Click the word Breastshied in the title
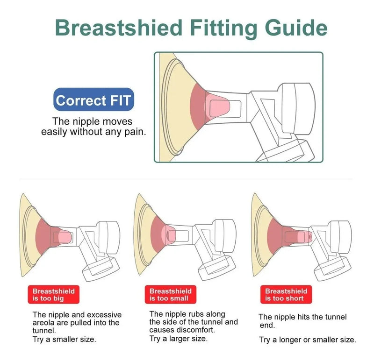(x=119, y=28)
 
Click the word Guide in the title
(x=296, y=28)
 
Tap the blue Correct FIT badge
(x=93, y=99)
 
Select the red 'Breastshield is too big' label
(x=53, y=295)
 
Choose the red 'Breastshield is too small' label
(x=170, y=295)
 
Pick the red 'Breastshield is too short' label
(x=286, y=295)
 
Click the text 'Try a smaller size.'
(x=64, y=339)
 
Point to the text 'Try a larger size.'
(x=179, y=338)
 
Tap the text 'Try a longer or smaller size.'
(x=308, y=340)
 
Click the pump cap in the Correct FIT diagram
(x=298, y=109)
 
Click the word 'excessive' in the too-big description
(x=104, y=315)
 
